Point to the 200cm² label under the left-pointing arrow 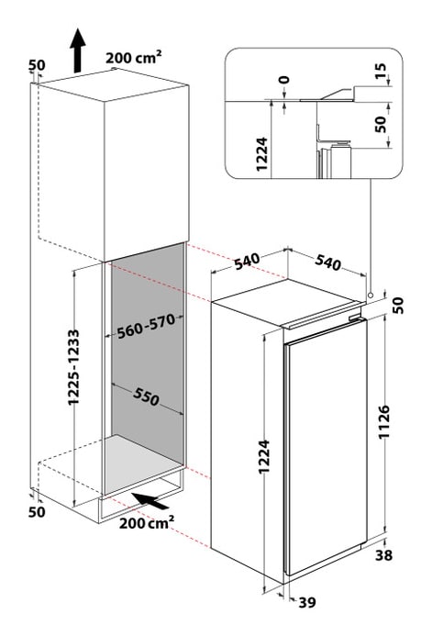(x=147, y=524)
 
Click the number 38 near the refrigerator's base (x=387, y=554)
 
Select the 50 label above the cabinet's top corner (x=37, y=65)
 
